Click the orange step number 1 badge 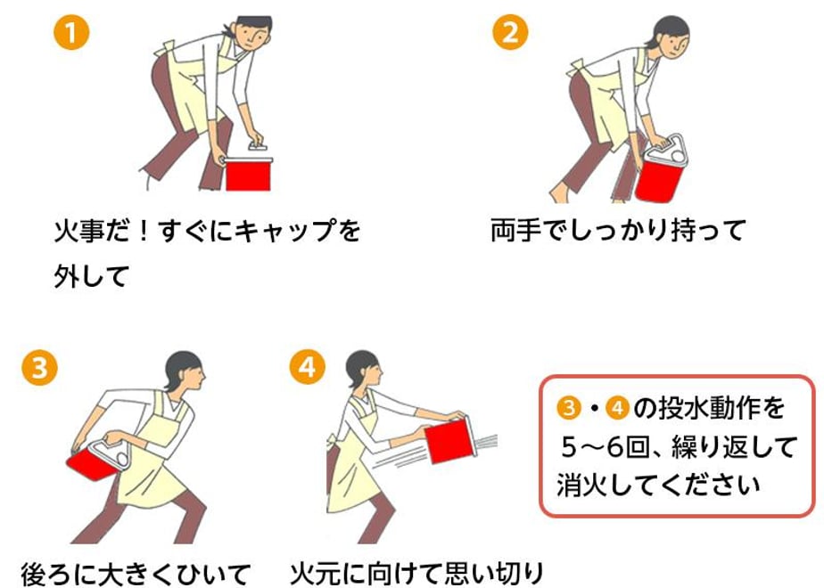tap(71, 33)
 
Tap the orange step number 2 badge tap(510, 32)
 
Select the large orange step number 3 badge tap(39, 367)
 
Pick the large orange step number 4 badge tap(308, 367)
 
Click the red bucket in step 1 tap(248, 174)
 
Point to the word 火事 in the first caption tap(78, 231)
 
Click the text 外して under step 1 tap(92, 276)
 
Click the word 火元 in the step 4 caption tap(315, 575)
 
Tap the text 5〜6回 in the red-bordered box tap(606, 448)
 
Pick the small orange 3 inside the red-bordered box tap(569, 408)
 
